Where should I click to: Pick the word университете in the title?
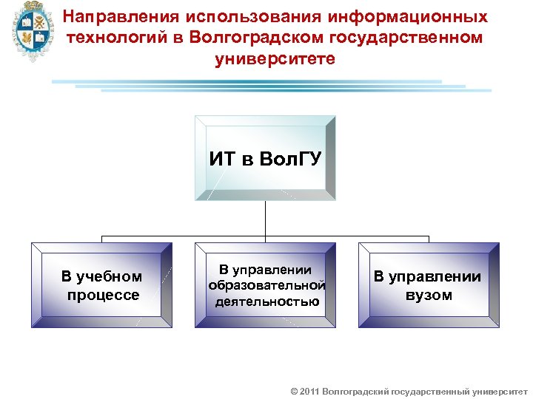pos(275,58)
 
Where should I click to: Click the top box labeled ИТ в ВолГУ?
pos(265,157)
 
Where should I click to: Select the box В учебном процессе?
pos(101,285)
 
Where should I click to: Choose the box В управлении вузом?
pos(429,285)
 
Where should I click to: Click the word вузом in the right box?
pos(429,296)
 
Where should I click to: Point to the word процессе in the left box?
pos(101,296)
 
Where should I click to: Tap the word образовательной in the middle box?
pos(266,285)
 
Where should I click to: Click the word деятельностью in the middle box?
pos(266,301)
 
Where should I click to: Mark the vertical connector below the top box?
pos(265,219)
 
